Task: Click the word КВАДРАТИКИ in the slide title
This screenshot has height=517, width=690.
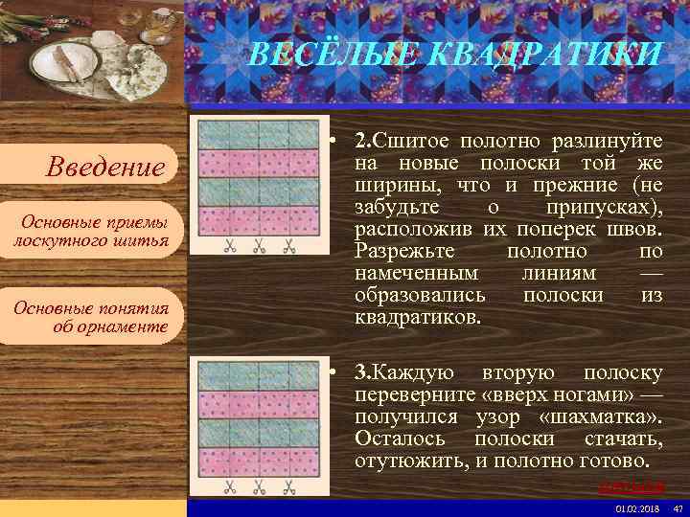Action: click(x=556, y=53)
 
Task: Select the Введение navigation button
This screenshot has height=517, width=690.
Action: click(x=105, y=169)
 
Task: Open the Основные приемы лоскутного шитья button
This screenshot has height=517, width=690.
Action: click(x=91, y=231)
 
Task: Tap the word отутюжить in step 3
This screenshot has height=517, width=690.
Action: click(x=406, y=461)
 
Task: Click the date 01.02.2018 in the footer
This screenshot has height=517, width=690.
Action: click(x=630, y=507)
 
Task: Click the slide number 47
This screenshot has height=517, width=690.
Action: click(x=677, y=507)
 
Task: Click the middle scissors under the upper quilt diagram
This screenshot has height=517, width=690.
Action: click(x=259, y=247)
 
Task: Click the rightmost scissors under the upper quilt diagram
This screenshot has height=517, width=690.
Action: click(x=287, y=247)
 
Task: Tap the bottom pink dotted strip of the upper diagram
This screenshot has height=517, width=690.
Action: click(x=259, y=219)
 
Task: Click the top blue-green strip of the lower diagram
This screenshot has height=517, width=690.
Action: click(x=259, y=375)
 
